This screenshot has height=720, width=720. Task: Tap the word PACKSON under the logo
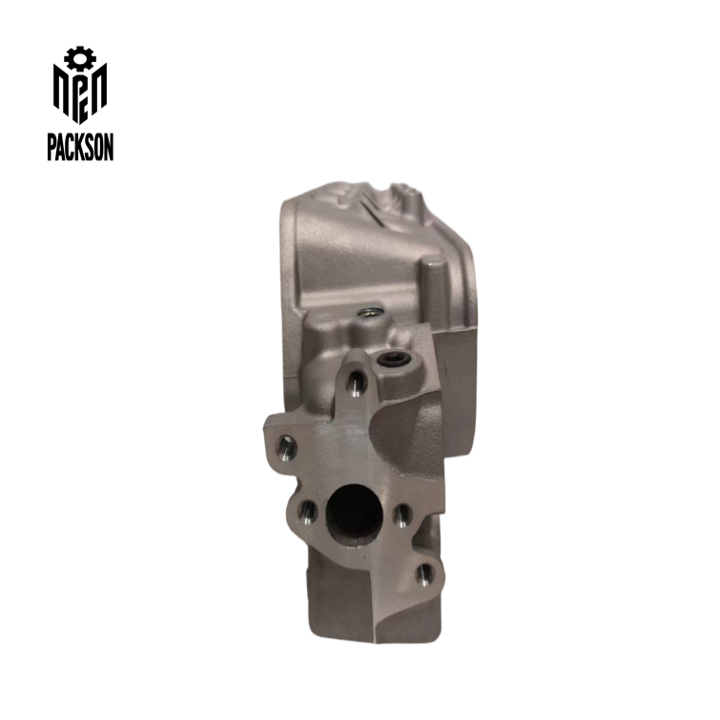pyautogui.click(x=80, y=147)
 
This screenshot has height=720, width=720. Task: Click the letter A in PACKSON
pyautogui.click(x=62, y=147)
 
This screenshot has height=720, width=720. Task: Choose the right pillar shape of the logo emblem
pyautogui.click(x=100, y=92)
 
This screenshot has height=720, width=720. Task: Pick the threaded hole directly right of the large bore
pyautogui.click(x=402, y=516)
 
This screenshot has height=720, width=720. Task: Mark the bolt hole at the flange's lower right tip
pyautogui.click(x=425, y=572)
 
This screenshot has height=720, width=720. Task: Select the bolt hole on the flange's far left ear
pyautogui.click(x=284, y=445)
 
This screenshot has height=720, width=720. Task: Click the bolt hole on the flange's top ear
pyautogui.click(x=355, y=382)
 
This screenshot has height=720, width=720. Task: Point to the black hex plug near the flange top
pyautogui.click(x=392, y=360)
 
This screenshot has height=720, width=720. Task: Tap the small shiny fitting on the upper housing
pyautogui.click(x=365, y=312)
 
